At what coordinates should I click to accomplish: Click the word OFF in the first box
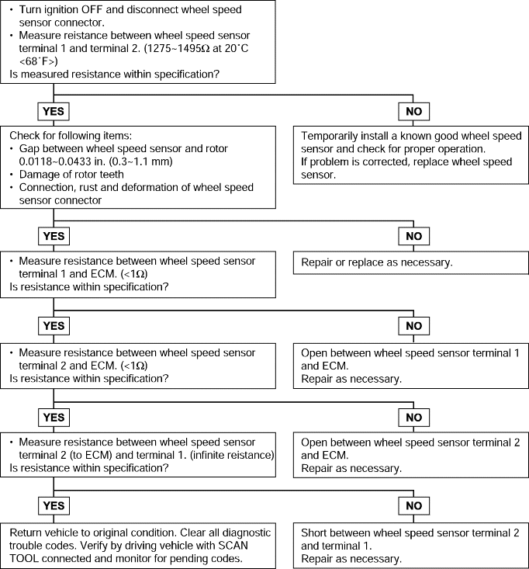[x=92, y=9]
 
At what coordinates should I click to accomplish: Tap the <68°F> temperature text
[x=39, y=61]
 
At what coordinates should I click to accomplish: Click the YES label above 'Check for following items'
[x=54, y=111]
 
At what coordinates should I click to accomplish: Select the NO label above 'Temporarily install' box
[x=413, y=111]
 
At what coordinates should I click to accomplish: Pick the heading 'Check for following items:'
[x=71, y=136]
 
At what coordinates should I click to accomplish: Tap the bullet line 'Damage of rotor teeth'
[x=71, y=175]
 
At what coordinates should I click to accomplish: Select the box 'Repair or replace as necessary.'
[x=411, y=262]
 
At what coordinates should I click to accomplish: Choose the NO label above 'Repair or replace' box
[x=413, y=236]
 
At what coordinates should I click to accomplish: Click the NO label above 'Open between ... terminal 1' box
[x=413, y=326]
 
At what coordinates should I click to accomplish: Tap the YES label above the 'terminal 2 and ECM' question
[x=54, y=326]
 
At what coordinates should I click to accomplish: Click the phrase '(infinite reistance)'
[x=232, y=455]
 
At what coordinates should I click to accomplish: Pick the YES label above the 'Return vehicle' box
[x=54, y=506]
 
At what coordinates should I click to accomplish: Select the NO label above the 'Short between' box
[x=413, y=506]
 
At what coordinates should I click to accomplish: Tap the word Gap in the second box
[x=28, y=149]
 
